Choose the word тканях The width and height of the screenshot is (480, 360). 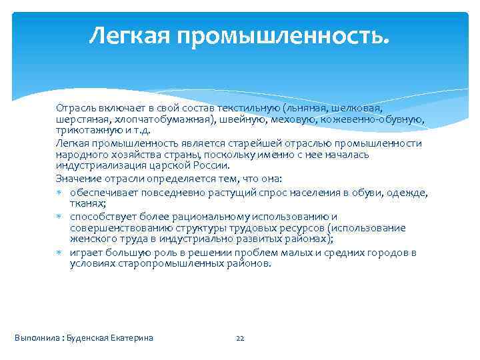(87, 204)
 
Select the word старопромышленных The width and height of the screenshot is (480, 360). (149, 263)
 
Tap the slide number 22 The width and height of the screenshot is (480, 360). (241, 338)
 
